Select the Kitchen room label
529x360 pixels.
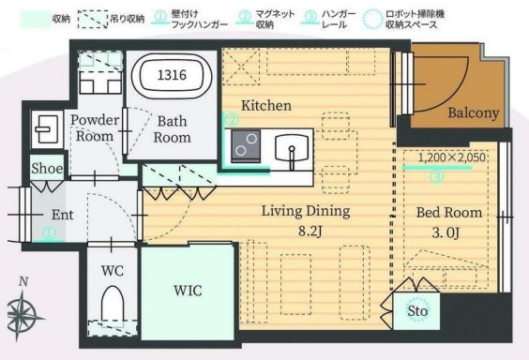[x=265, y=105]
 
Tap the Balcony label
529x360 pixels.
[x=473, y=112]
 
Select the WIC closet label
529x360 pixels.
[x=188, y=290]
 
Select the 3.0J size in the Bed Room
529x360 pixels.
[x=444, y=231]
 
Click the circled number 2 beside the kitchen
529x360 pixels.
[x=231, y=120]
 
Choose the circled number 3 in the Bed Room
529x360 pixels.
[x=435, y=175]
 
